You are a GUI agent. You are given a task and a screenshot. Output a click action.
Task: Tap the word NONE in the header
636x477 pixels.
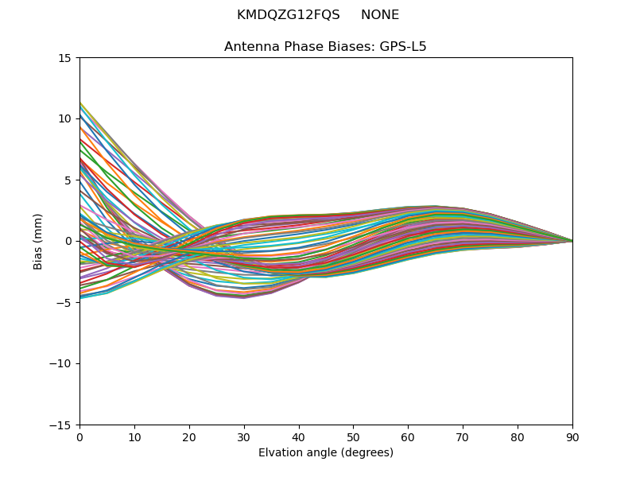380,15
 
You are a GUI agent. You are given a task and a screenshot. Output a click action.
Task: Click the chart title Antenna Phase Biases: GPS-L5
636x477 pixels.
325,47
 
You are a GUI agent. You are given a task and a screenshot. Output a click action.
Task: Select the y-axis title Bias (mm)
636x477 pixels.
38,241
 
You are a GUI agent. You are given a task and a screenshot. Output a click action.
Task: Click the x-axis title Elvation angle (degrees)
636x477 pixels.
325,453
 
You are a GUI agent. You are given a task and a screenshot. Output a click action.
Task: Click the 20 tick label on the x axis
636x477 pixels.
189,437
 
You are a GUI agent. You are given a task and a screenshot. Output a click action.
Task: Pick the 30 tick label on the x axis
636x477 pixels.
244,437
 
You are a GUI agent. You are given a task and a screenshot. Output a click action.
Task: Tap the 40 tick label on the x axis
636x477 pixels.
299,437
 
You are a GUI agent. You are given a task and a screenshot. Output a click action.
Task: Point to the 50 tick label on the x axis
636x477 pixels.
353,437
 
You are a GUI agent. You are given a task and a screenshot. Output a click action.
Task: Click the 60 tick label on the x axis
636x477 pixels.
408,437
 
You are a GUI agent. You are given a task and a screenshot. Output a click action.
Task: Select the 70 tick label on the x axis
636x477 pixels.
463,437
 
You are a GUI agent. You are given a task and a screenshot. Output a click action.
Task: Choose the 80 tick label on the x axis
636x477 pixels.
518,437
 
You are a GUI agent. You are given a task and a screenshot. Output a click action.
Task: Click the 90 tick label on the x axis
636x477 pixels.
572,437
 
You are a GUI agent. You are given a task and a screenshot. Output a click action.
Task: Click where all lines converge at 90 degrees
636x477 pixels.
572,241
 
